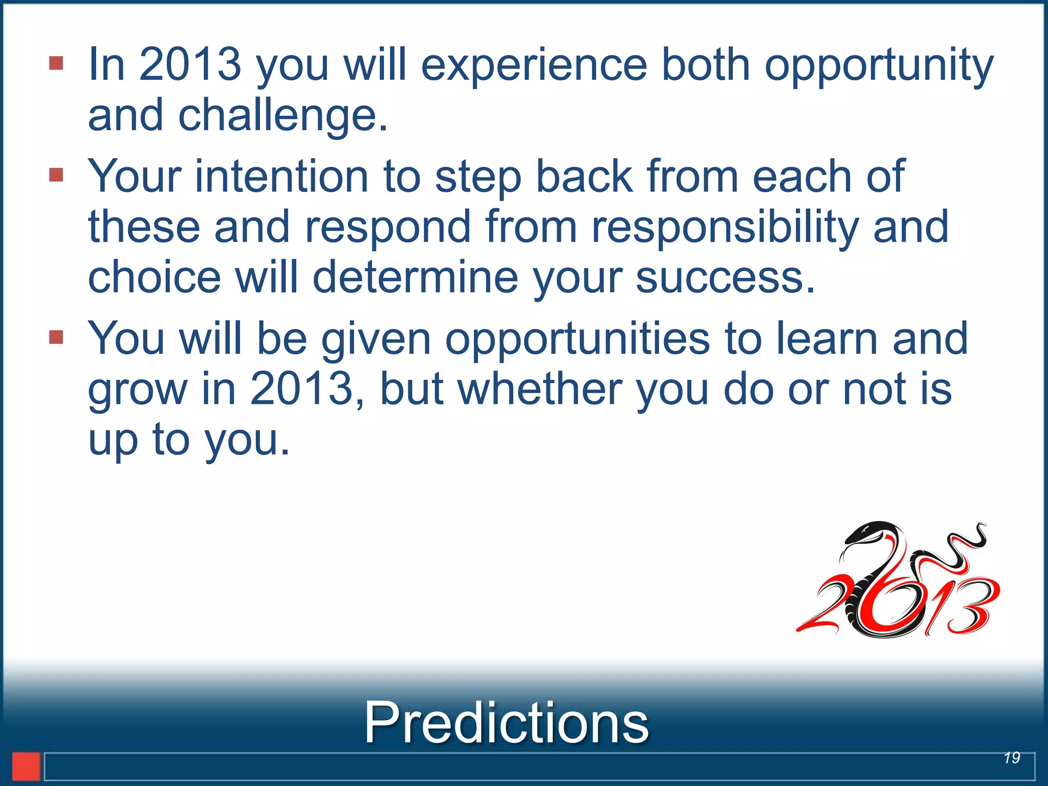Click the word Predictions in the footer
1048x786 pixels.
[506, 722]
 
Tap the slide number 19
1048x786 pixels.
[1012, 758]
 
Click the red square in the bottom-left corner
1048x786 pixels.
[26, 766]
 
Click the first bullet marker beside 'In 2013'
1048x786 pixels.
[56, 63]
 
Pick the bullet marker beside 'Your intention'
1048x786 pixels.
[56, 175]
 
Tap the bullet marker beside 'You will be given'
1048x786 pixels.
[56, 337]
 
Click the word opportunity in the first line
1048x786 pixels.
[879, 65]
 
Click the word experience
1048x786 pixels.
[534, 65]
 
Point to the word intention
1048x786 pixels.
[281, 176]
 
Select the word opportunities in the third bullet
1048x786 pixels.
[578, 339]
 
